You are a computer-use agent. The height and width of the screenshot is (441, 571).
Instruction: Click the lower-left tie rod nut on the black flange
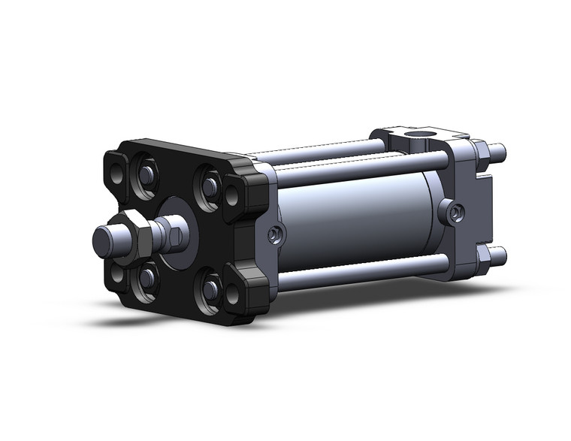[146, 278]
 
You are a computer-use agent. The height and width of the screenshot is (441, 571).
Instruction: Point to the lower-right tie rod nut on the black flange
[210, 289]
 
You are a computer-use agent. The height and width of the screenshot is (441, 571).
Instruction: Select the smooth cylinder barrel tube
[361, 218]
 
